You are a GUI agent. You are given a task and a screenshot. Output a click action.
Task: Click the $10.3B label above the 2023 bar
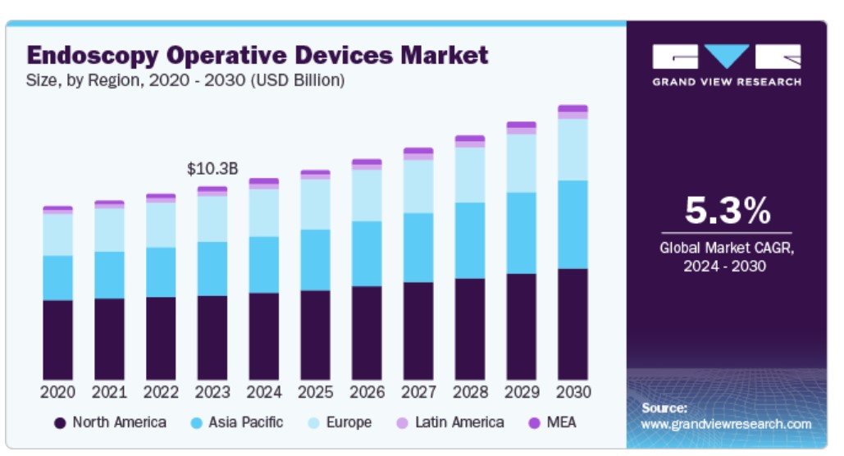click(212, 170)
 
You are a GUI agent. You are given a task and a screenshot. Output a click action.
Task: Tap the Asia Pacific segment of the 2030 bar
click(573, 224)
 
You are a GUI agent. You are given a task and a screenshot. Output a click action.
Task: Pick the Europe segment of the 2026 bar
click(367, 194)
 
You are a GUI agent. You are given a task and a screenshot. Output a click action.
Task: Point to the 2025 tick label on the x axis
click(316, 392)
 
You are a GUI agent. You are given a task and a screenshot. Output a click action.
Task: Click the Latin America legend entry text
click(459, 422)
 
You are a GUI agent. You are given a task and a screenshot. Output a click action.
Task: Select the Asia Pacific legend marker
click(197, 423)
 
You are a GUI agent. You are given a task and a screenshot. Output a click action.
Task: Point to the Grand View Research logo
click(727, 65)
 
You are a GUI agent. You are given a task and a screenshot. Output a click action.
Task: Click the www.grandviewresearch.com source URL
click(725, 424)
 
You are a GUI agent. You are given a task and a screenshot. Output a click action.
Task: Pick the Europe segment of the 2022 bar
click(161, 224)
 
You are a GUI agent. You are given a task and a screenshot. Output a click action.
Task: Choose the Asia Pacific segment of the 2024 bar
click(264, 265)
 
